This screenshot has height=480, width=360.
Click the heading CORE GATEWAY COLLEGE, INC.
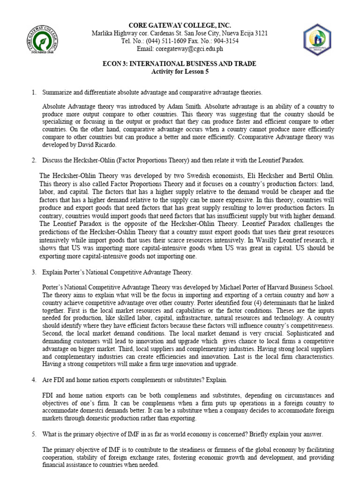180,25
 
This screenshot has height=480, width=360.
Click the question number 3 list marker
34,272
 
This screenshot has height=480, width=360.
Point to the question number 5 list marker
34,434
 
